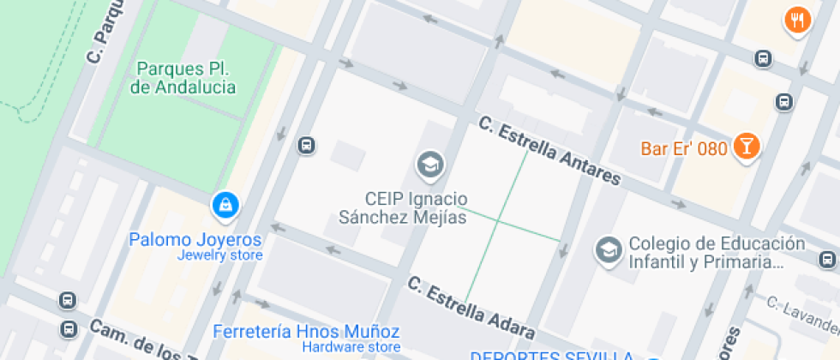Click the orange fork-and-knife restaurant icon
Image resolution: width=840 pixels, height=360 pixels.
point(797,21)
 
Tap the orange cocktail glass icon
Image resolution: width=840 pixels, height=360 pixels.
point(747,147)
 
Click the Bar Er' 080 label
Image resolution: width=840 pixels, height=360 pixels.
point(684,148)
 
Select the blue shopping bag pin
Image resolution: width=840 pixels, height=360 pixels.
point(225,204)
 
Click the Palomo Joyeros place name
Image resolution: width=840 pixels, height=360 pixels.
point(195,239)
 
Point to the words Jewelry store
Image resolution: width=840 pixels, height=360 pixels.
point(219,255)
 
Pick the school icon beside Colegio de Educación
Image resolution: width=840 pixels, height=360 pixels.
point(609,250)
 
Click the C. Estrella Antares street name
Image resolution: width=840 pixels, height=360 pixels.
point(549,151)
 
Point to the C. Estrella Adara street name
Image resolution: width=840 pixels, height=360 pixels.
point(471,305)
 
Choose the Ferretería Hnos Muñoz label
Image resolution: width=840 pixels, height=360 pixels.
point(306,331)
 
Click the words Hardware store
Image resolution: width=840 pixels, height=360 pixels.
point(351,347)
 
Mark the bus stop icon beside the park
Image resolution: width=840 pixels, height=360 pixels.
point(306,146)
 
